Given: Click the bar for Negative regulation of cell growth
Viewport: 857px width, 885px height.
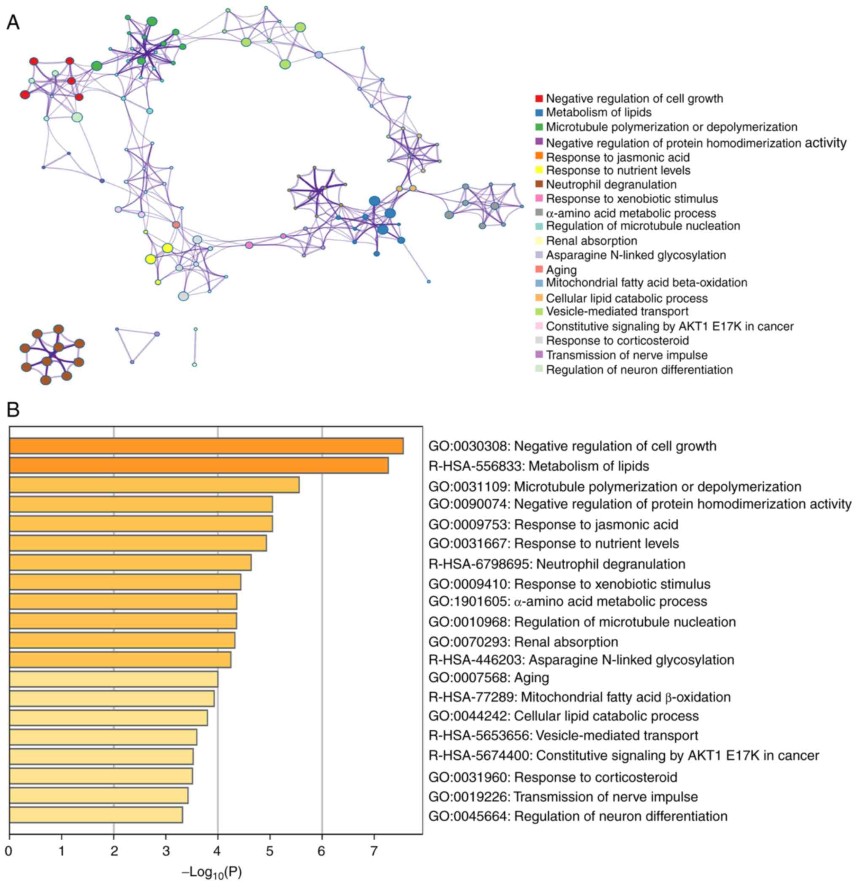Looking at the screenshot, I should (x=206, y=445).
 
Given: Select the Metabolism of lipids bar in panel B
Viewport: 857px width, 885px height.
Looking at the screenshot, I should (x=199, y=466).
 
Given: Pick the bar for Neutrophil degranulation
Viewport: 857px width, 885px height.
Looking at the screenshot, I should (x=130, y=563).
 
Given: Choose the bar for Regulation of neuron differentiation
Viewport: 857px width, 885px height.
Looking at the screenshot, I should (x=96, y=815).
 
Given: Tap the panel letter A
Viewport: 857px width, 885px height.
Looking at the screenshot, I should (x=13, y=22).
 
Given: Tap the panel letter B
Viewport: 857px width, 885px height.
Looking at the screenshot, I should (x=13, y=410).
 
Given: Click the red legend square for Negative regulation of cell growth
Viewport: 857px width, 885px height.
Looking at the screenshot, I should (x=539, y=98).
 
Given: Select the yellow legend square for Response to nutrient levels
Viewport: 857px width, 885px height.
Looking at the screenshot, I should (x=539, y=171).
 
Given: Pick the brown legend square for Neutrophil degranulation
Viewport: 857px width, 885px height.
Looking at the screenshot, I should (x=539, y=184).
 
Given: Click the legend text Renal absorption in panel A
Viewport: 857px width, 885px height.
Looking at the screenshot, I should (x=591, y=241).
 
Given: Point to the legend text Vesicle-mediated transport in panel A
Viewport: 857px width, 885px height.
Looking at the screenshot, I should (x=617, y=311).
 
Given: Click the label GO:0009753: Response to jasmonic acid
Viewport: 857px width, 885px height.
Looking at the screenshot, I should (x=553, y=524).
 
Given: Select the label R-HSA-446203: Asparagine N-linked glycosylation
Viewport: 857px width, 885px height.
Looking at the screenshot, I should (x=581, y=660).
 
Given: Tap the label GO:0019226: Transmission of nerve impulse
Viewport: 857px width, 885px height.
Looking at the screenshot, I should (x=563, y=797).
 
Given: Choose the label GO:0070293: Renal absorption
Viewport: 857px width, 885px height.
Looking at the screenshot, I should (x=523, y=642).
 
